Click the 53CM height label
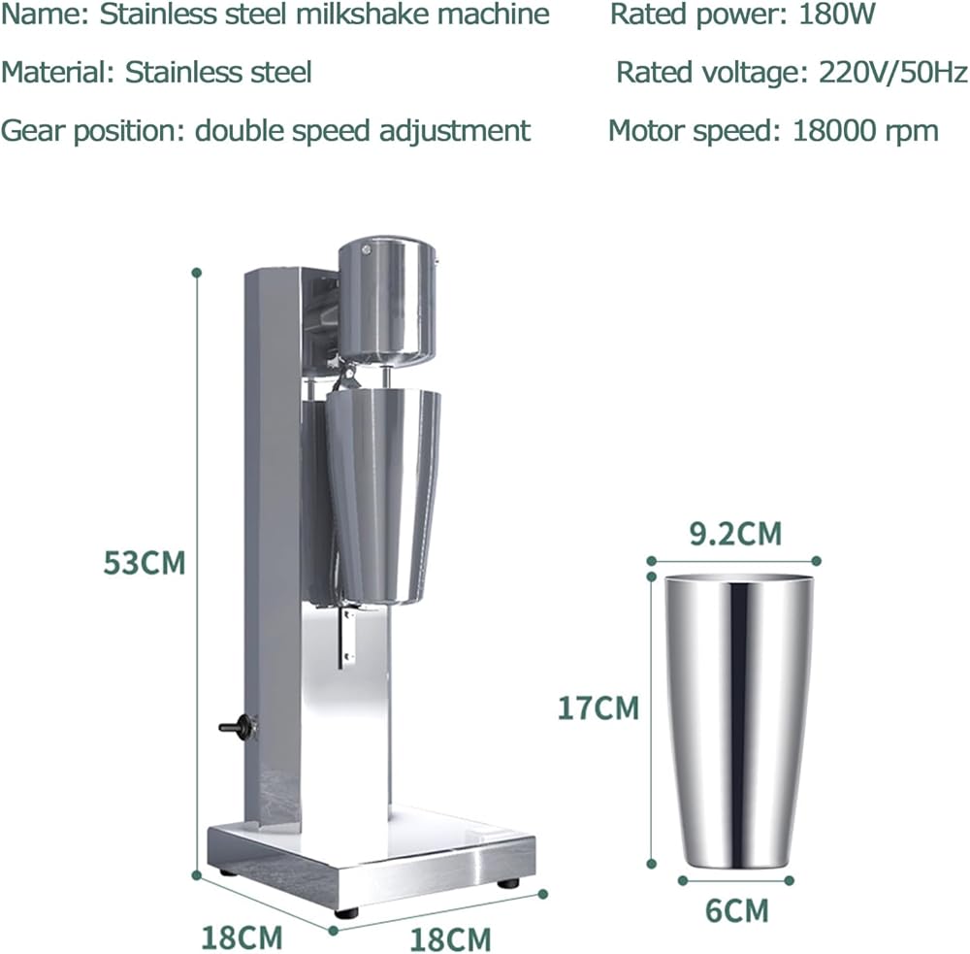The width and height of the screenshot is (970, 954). [x=145, y=563]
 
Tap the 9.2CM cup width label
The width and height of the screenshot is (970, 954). [x=735, y=533]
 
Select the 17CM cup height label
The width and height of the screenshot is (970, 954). [x=598, y=707]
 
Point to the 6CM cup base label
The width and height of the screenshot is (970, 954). [x=737, y=910]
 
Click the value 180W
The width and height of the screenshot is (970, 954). [x=838, y=15]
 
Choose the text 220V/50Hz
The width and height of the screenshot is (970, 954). [x=893, y=73]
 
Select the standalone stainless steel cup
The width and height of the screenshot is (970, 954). [x=738, y=721]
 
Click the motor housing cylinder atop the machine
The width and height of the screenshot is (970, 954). [x=387, y=300]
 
